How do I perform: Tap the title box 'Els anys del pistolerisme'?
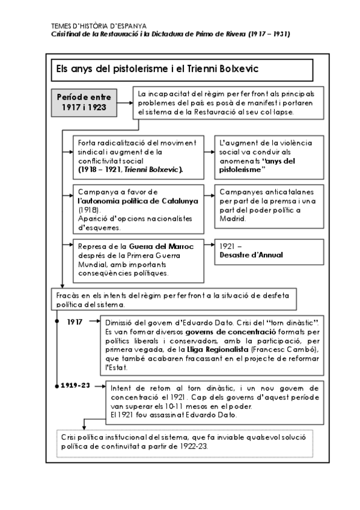tap(180, 70)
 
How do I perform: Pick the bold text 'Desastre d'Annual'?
tap(251, 255)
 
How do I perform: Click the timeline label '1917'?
tap(75, 322)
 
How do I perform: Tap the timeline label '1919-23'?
tap(76, 385)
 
